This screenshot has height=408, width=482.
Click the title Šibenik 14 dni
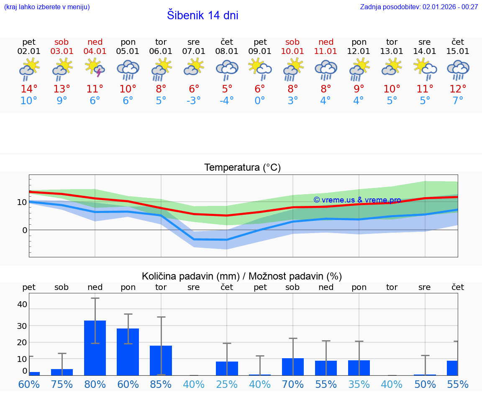[203, 15]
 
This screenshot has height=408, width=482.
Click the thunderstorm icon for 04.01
[95, 68]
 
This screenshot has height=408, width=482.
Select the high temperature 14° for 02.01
[29, 89]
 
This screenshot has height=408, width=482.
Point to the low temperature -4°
[227, 101]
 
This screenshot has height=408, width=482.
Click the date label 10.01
[292, 51]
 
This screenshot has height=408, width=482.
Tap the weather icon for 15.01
[458, 69]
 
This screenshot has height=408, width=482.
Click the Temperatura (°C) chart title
[242, 168]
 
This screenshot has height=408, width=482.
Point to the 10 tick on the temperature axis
[22, 202]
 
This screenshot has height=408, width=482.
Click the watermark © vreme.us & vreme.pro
[357, 200]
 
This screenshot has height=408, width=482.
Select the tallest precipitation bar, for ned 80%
[95, 348]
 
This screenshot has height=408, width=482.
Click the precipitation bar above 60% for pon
[128, 352]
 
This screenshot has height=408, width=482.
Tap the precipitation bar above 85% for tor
[161, 360]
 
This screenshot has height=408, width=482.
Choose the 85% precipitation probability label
[161, 385]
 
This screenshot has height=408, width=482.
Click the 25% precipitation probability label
[227, 385]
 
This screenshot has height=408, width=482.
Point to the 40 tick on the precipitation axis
[22, 304]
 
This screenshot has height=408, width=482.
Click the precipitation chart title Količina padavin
[242, 276]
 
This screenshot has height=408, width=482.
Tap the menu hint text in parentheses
[46, 7]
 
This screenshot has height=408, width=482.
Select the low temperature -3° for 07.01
[194, 101]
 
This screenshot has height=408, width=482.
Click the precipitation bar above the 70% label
[293, 367]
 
